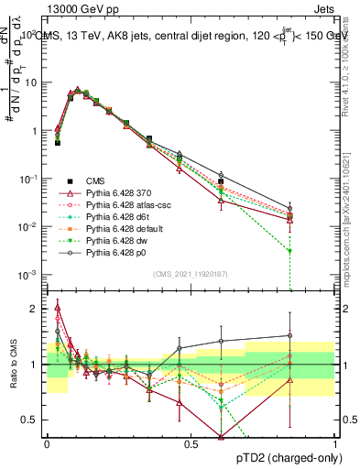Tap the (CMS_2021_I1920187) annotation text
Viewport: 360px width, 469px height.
point(190,273)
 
